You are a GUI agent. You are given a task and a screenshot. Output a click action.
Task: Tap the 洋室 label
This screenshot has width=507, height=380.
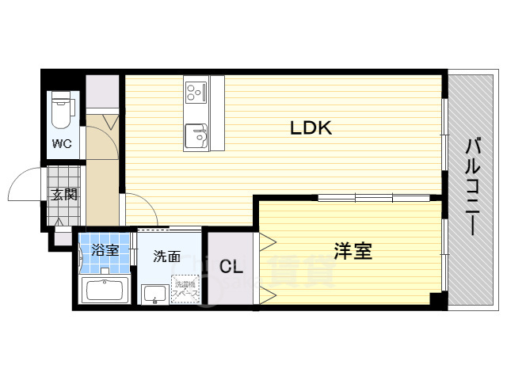[x=353, y=252]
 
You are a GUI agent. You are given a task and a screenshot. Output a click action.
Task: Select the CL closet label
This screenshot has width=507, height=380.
[x=231, y=266]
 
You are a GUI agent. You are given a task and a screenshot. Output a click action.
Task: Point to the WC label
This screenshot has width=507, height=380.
[x=62, y=143]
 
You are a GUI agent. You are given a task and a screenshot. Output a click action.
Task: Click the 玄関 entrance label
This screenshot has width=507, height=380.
[x=63, y=194]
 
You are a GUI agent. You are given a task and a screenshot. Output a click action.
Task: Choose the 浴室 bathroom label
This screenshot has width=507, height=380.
[x=105, y=250]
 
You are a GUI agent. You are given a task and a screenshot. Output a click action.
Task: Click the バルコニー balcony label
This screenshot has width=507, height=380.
[x=473, y=187]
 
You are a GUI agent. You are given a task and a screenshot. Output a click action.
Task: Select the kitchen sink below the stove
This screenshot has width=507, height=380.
[x=195, y=137]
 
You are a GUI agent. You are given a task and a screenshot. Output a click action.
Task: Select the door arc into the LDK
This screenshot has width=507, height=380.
[x=141, y=207]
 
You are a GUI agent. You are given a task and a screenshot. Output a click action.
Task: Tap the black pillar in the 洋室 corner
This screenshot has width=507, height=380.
[x=435, y=298]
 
